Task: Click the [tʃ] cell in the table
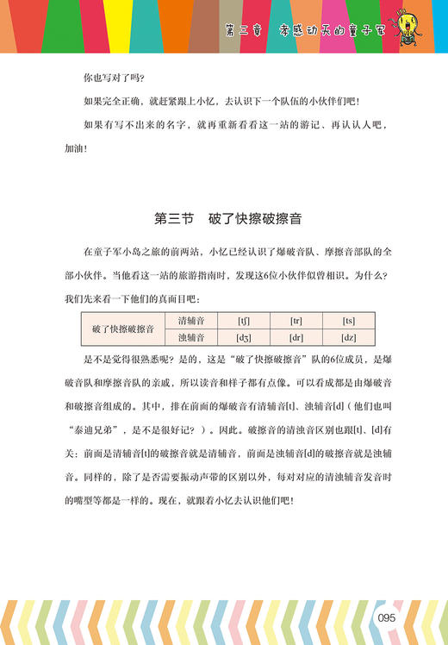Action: click(x=245, y=321)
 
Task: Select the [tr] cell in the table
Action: click(x=296, y=321)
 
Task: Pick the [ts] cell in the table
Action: click(x=348, y=321)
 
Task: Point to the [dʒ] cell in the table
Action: click(x=245, y=338)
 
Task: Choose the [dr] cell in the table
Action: click(x=296, y=338)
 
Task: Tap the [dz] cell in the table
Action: click(x=348, y=338)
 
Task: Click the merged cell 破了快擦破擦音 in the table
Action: click(x=124, y=329)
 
